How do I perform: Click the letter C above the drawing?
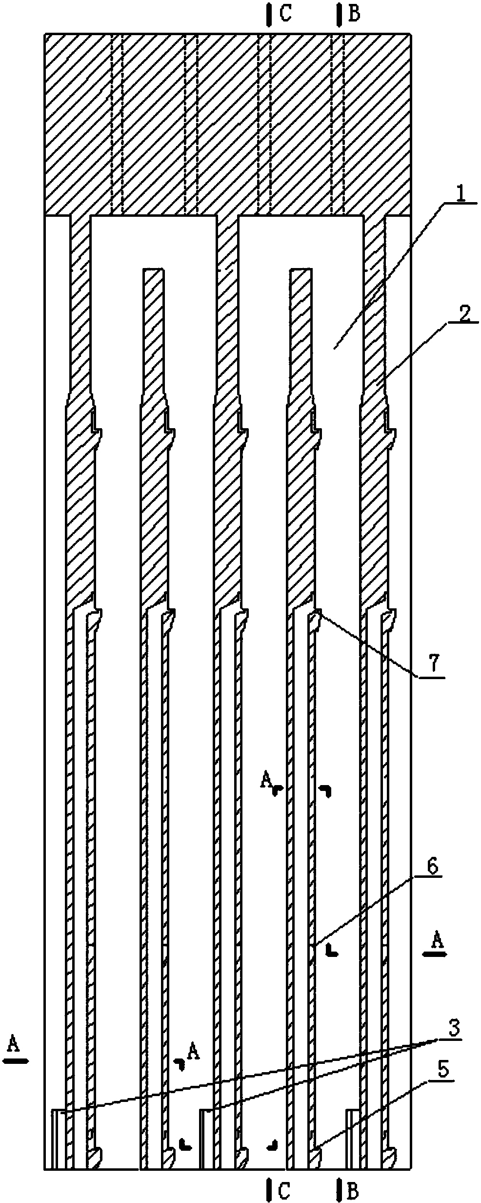pos(286,15)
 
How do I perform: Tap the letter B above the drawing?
pos(355,15)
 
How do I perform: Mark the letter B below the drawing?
pos(353,1188)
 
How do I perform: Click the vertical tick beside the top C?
pos(269,15)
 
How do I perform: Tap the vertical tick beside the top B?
pos(338,15)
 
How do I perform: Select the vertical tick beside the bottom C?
pos(269,1188)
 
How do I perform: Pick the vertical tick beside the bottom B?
pos(338,1188)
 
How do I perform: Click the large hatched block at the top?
pos(227,124)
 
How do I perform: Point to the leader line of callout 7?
pos(370,644)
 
